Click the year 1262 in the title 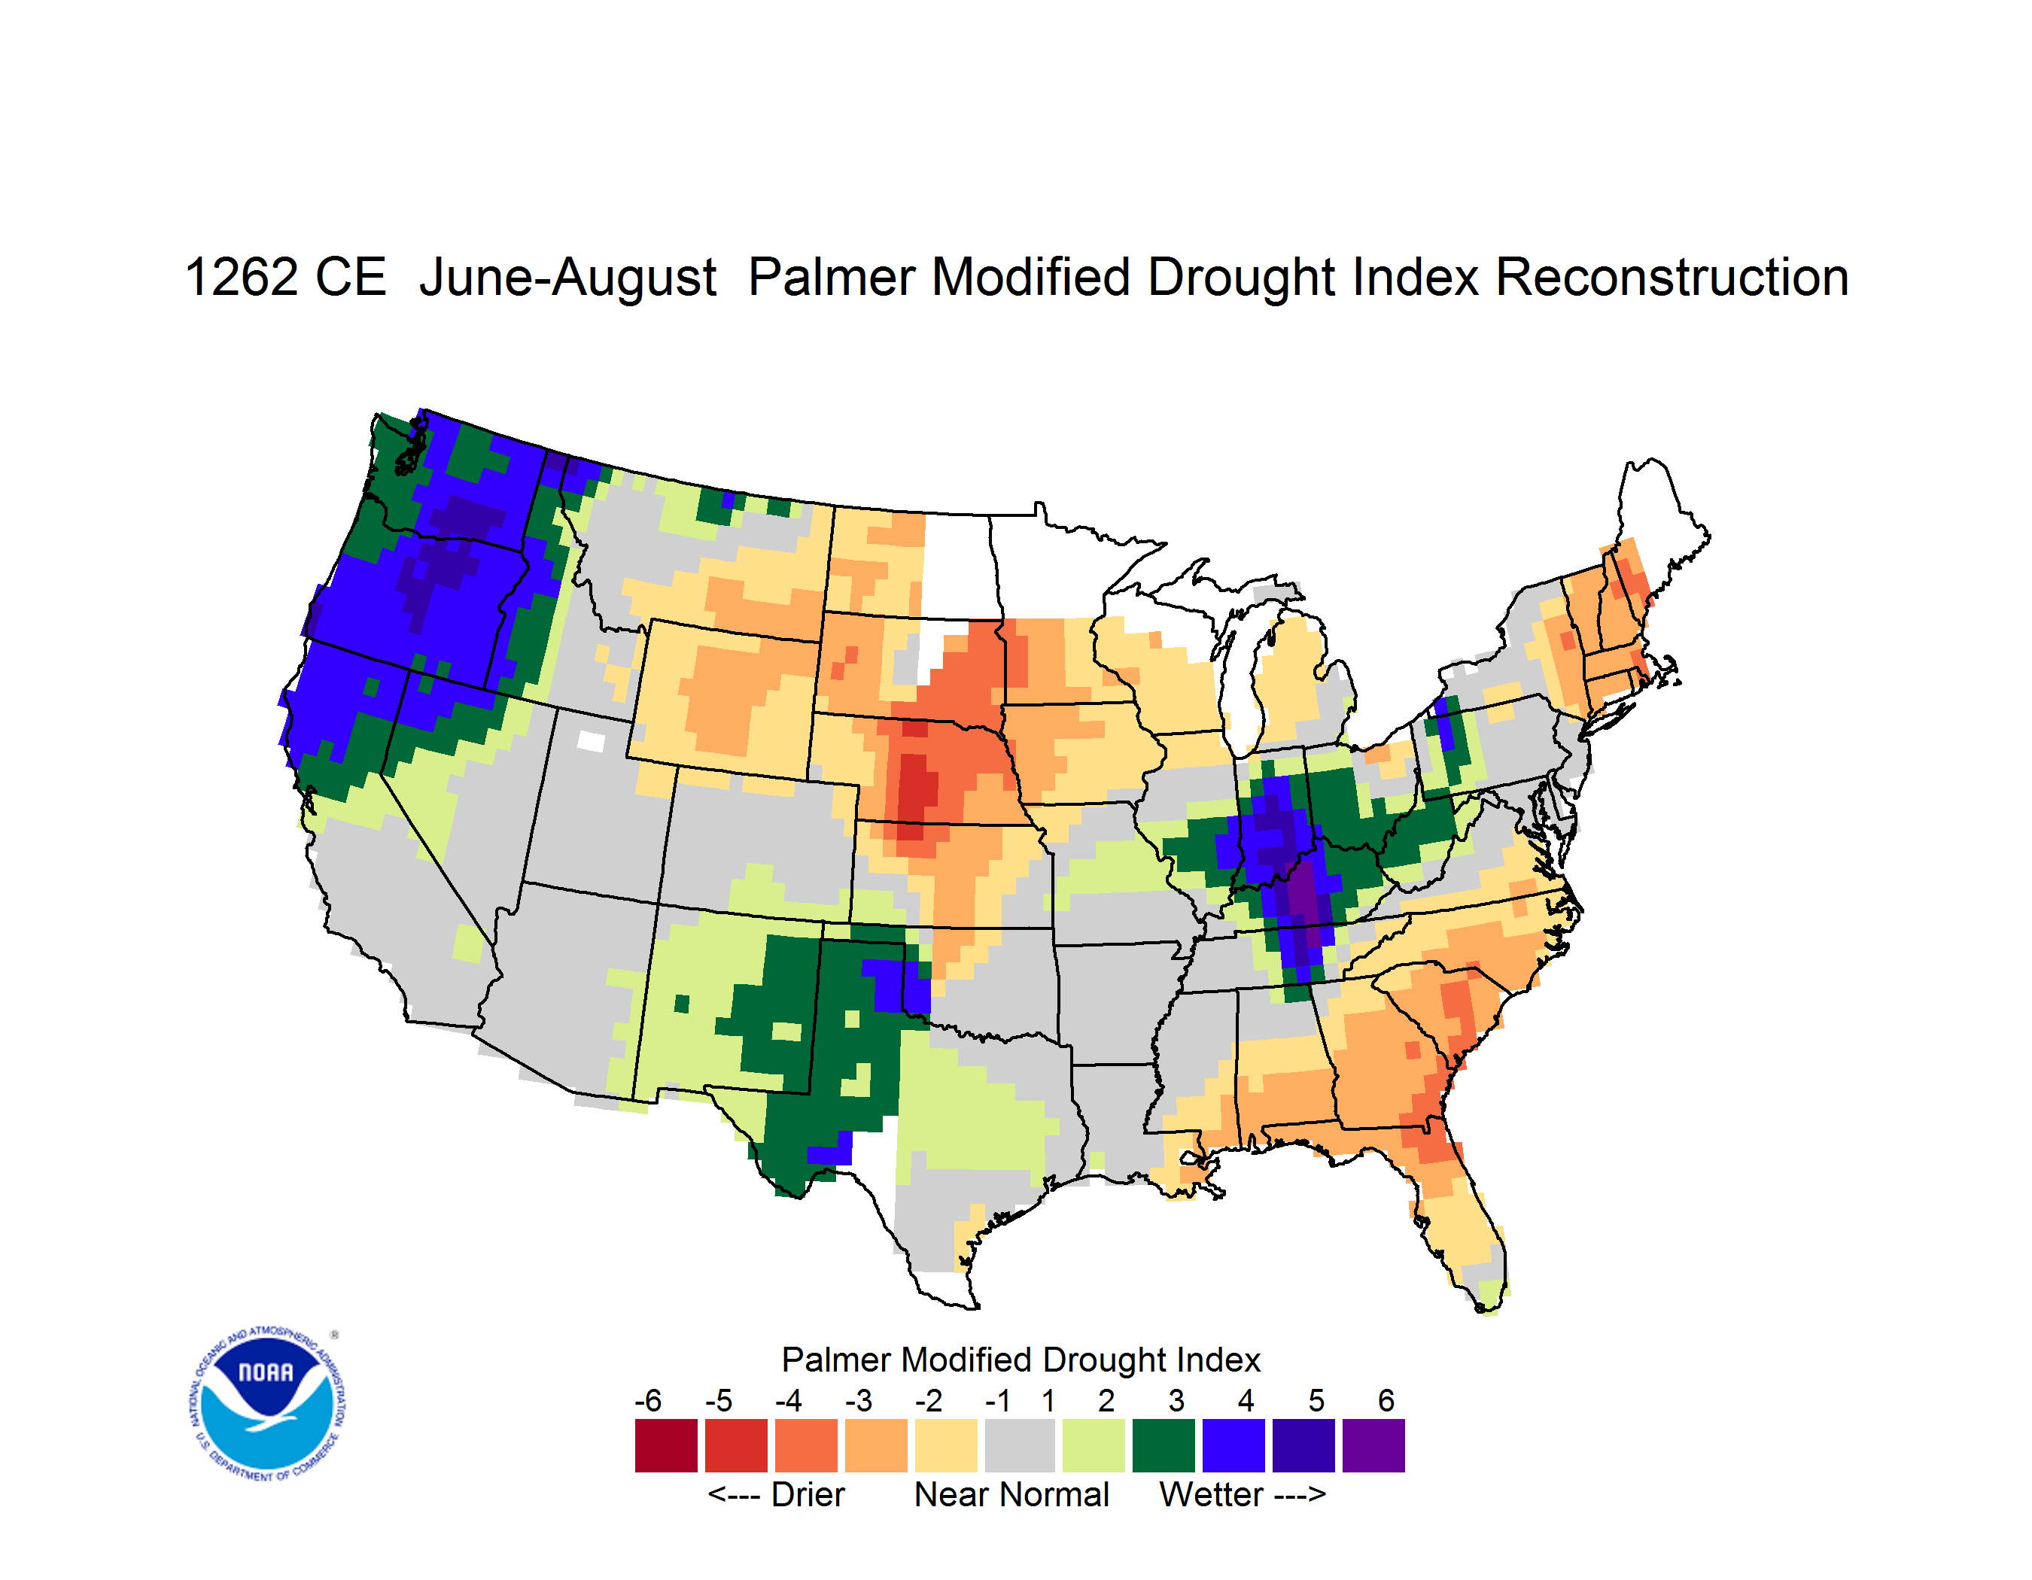(239, 277)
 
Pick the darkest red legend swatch (666, 1445)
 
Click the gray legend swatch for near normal (1020, 1445)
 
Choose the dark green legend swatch (1163, 1445)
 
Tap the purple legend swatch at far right (1373, 1445)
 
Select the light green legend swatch (1094, 1445)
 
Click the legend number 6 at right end (1386, 1400)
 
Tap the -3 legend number (859, 1400)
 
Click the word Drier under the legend (808, 1494)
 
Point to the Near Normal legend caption (1011, 1494)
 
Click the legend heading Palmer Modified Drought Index (1021, 1360)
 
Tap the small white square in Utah (591, 741)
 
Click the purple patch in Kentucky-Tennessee (1303, 893)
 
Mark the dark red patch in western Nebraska (917, 785)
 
